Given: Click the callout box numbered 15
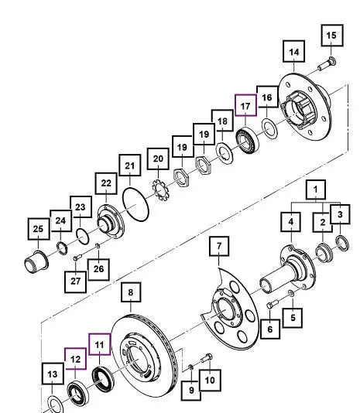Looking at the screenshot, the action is pos(332,36).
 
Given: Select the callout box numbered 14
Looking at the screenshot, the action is pos(293,52).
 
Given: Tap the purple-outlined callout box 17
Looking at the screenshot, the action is pos(245,105).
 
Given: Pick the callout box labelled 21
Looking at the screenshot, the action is pos(130,166).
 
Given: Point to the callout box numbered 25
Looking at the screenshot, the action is pos(39,229).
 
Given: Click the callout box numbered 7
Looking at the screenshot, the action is pos(219,246).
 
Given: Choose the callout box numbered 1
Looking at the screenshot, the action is pos(315,189).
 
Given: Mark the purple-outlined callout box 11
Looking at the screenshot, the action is pos(99,344).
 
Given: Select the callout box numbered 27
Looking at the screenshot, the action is pos(75,282).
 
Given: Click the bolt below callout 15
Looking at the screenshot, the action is pos(327,63).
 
